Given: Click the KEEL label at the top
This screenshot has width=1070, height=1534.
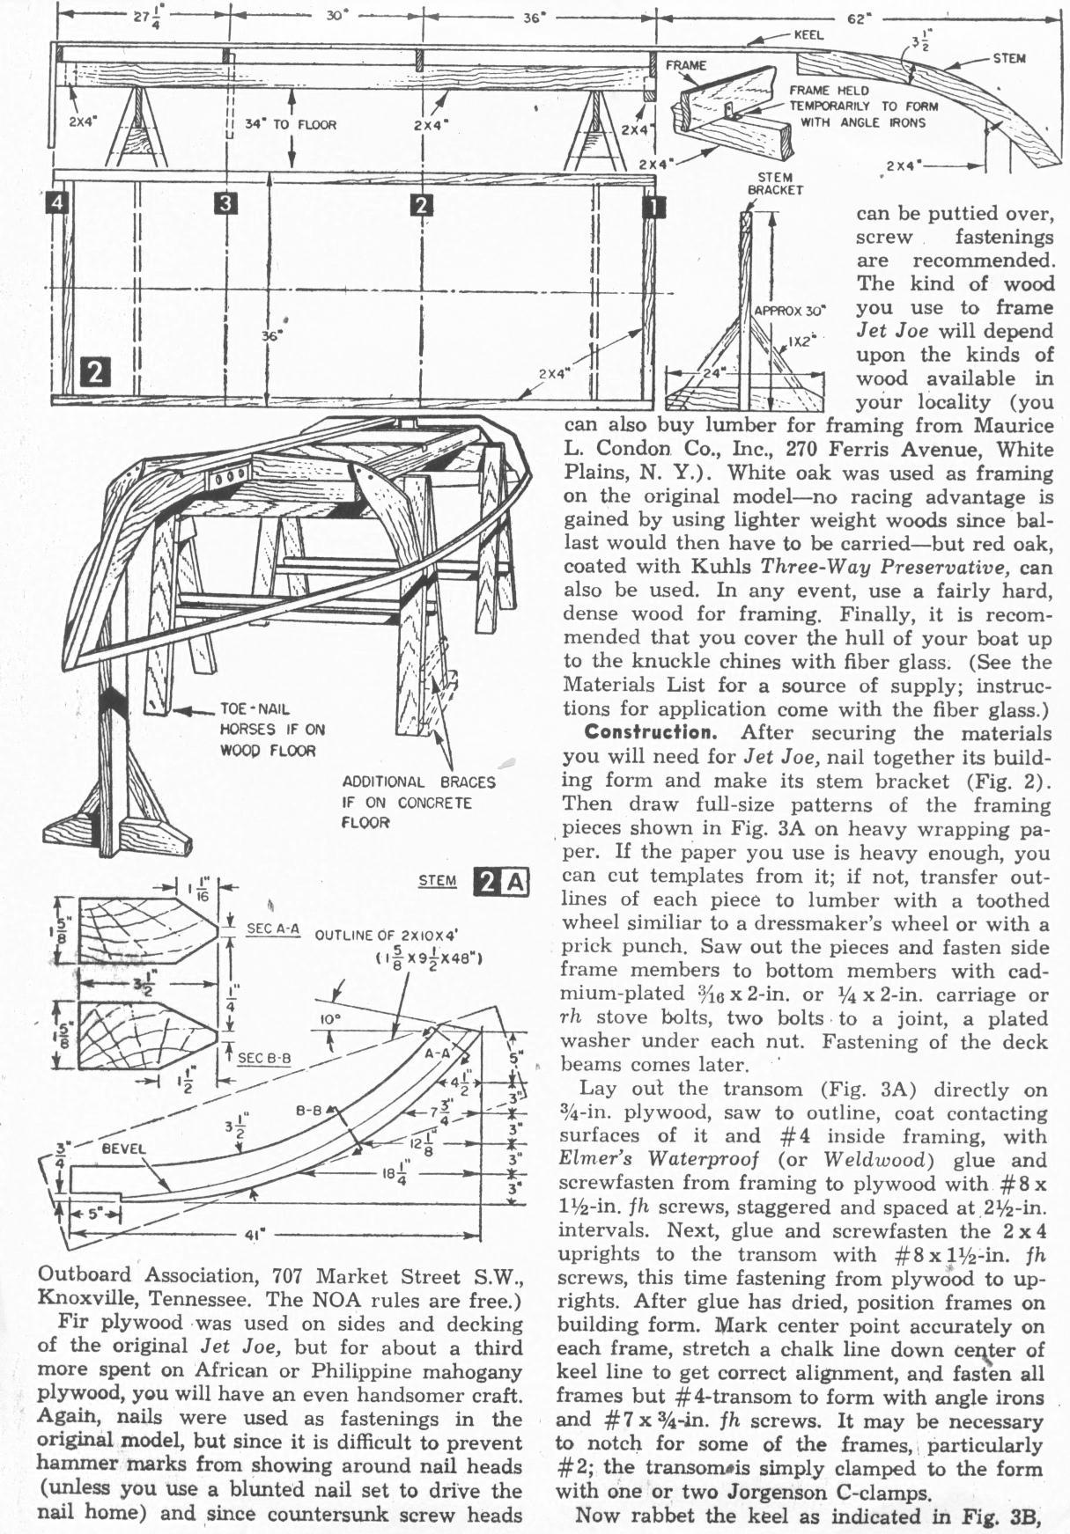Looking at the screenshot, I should [x=808, y=35].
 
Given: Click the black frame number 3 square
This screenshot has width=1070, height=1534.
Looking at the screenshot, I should [x=226, y=204].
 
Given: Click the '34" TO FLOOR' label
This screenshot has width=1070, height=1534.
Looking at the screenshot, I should [x=291, y=125].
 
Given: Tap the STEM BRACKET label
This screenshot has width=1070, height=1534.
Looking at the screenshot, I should [x=775, y=183].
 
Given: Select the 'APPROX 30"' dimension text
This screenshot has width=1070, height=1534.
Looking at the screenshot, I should [x=792, y=311].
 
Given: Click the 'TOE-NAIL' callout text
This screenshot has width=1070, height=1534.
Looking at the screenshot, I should [x=255, y=708].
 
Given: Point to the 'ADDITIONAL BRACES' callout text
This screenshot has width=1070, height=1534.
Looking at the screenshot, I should [x=418, y=782].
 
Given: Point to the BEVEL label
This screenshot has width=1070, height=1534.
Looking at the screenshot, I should [x=123, y=1149].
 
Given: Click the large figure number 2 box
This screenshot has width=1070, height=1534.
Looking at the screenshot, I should [x=95, y=373].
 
